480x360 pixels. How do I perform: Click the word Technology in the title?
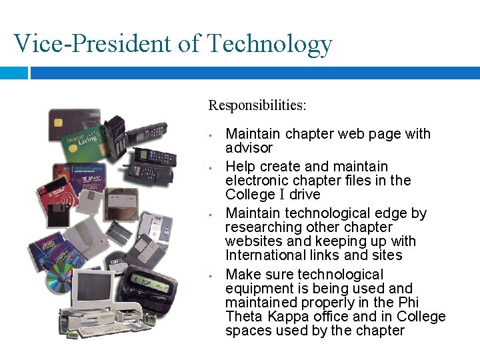click(269, 43)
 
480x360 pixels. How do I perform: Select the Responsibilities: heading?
click(257, 105)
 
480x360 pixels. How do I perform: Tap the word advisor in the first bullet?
click(249, 148)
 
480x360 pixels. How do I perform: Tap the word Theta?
click(245, 317)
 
